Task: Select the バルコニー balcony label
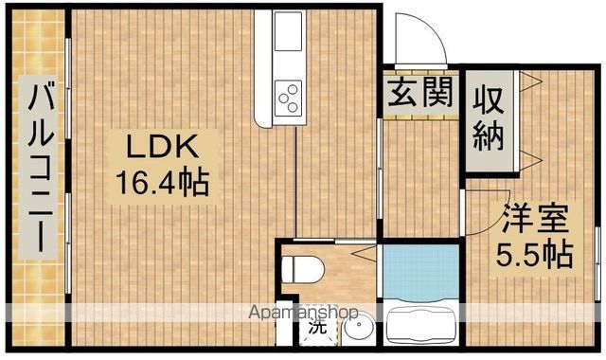click(x=40, y=167)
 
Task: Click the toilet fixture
click(x=305, y=269)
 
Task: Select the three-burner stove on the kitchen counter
click(x=289, y=95)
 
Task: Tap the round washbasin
click(x=357, y=333)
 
